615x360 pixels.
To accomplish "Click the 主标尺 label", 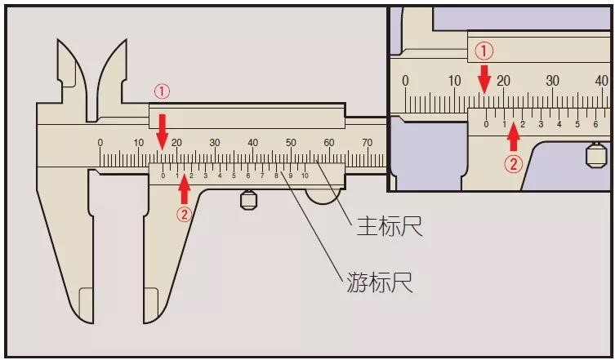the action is coord(390,226).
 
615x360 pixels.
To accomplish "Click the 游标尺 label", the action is coord(380,282).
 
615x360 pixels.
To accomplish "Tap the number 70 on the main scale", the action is coord(367,143).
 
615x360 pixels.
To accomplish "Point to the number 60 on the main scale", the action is coord(328,143).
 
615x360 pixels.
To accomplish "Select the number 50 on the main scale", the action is coord(291,143).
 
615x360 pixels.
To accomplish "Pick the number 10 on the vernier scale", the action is coord(305,176).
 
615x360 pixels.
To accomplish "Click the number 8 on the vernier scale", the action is coord(277,176).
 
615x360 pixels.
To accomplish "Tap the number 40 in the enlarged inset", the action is coord(602,81).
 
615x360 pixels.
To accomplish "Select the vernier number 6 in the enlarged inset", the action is coord(595,125).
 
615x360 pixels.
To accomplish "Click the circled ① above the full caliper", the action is coord(162,92).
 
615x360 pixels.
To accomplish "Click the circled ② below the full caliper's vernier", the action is coord(184,214).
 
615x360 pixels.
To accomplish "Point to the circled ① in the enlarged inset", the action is coord(485,51).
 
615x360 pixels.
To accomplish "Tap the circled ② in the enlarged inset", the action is coord(513,164).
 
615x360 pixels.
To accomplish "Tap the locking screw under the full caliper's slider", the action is coord(248,200).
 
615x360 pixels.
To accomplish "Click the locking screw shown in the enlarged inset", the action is coord(596,154).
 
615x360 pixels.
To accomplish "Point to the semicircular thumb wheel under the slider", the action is coord(323,197).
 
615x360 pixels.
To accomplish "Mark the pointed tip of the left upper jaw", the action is coord(58,40).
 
